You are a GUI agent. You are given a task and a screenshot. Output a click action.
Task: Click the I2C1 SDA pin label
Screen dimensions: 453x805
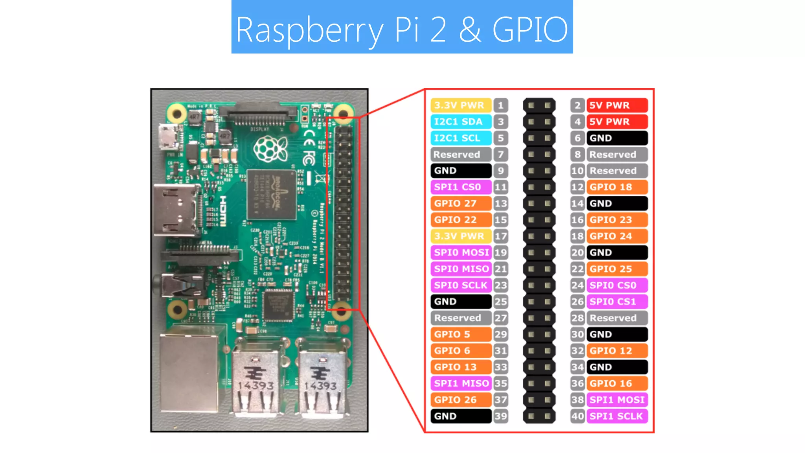(460, 122)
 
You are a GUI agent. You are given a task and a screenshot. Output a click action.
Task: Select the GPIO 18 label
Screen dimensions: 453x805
(617, 187)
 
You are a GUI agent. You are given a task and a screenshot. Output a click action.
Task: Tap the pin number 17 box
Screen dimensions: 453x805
(500, 236)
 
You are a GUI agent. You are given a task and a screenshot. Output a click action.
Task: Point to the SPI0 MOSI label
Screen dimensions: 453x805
(461, 252)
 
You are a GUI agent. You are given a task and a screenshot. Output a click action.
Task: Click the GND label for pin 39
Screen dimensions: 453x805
(461, 416)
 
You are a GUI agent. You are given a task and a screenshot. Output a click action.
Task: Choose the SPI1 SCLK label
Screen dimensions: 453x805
(617, 416)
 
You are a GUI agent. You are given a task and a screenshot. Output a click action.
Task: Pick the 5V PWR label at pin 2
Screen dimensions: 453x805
(617, 105)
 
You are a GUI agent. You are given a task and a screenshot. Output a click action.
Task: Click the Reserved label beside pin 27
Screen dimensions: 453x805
(461, 318)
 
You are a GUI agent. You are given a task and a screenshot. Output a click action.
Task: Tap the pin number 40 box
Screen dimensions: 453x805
(577, 416)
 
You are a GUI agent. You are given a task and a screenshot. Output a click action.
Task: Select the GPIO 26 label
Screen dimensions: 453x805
(461, 400)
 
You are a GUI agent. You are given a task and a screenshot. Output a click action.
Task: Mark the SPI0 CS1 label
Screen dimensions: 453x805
(617, 302)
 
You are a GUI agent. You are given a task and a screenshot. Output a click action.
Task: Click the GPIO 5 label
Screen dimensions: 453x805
(461, 334)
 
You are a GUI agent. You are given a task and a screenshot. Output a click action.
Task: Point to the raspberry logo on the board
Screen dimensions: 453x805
(270, 149)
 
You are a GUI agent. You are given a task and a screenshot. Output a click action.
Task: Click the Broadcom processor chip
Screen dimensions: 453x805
(271, 195)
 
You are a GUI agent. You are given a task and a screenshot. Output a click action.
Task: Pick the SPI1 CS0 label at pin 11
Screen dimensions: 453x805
(461, 187)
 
